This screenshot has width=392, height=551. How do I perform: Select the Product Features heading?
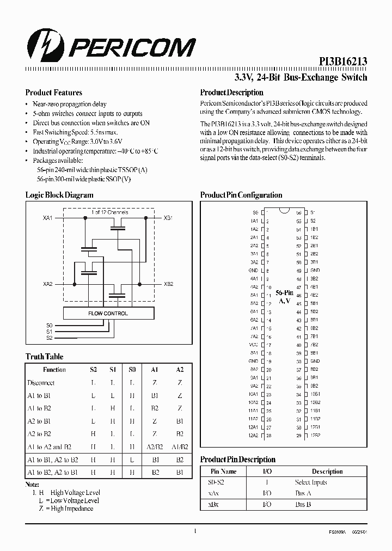(x=54, y=93)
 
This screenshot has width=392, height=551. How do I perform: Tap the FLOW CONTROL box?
(x=108, y=314)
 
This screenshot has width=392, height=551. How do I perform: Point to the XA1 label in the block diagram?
(x=47, y=218)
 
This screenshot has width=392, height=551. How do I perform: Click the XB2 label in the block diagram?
(x=169, y=284)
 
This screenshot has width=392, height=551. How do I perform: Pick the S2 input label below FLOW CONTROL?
(x=49, y=338)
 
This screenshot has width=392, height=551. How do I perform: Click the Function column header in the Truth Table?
(x=54, y=370)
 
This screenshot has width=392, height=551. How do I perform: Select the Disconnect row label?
(x=41, y=383)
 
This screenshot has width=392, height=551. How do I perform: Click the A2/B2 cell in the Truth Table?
(x=155, y=447)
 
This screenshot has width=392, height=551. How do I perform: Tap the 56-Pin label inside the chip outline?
(x=284, y=293)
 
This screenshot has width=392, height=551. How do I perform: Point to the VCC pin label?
(x=253, y=345)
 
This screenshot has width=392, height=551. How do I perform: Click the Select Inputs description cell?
(x=310, y=482)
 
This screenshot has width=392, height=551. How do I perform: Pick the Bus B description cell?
(x=304, y=505)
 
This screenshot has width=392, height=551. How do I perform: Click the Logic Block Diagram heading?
(x=59, y=195)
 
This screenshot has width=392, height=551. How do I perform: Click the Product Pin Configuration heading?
(x=241, y=195)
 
